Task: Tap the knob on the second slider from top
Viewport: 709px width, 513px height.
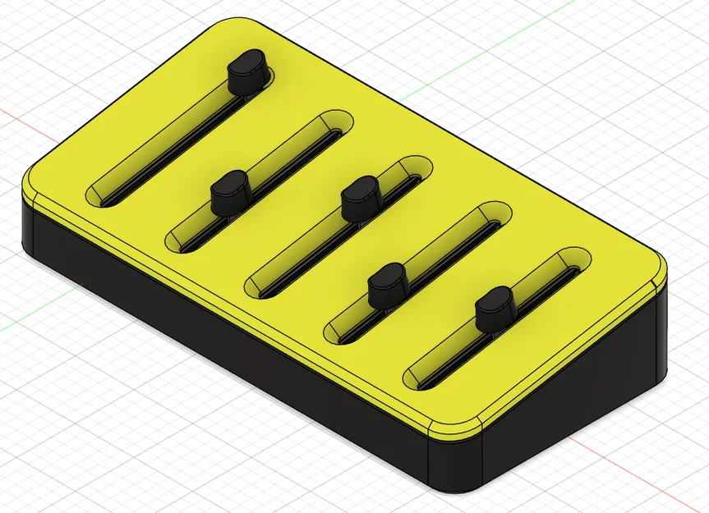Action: (x=229, y=192)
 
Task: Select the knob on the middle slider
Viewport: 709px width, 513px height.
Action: (x=359, y=197)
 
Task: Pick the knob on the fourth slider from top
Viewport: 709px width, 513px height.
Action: (x=385, y=283)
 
